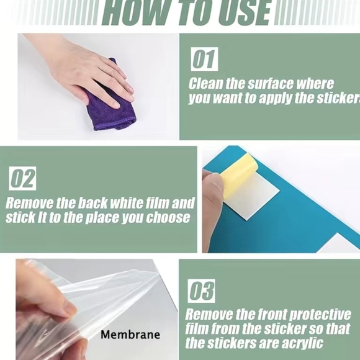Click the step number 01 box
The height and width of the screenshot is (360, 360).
click(204, 59)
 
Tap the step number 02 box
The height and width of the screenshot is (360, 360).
click(22, 178)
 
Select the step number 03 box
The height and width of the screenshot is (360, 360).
click(201, 291)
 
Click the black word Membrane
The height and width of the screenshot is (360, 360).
click(130, 335)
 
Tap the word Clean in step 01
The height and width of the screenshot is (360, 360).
click(205, 84)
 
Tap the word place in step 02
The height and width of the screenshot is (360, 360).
click(102, 218)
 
